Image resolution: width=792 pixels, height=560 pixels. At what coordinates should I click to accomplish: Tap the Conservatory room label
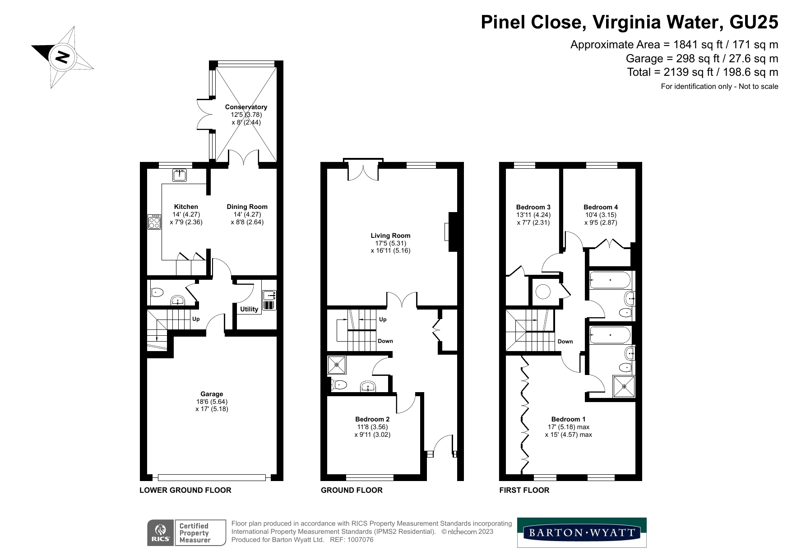pyautogui.click(x=246, y=107)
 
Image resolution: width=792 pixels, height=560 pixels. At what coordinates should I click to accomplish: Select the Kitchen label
pyautogui.click(x=186, y=207)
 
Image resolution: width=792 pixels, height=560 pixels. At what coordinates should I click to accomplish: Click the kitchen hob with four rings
pyautogui.click(x=154, y=222)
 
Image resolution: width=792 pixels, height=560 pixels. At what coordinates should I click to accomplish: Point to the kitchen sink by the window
pyautogui.click(x=179, y=175)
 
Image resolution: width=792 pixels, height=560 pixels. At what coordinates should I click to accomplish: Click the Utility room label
pyautogui.click(x=249, y=309)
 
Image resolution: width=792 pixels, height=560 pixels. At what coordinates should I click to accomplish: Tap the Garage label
pyautogui.click(x=212, y=394)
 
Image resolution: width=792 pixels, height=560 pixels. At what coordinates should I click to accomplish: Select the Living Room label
pyautogui.click(x=390, y=235)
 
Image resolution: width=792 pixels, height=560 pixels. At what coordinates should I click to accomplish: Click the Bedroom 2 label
pyautogui.click(x=372, y=419)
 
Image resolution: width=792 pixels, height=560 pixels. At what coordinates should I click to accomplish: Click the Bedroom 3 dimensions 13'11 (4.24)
pyautogui.click(x=533, y=215)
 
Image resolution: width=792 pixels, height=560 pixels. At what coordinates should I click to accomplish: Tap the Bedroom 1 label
pyautogui.click(x=569, y=419)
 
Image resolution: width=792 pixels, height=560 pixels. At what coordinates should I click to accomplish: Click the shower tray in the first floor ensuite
pyautogui.click(x=624, y=386)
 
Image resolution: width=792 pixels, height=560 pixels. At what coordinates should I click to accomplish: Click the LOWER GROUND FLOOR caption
pyautogui.click(x=185, y=490)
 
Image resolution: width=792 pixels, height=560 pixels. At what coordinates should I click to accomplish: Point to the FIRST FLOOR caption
pyautogui.click(x=524, y=490)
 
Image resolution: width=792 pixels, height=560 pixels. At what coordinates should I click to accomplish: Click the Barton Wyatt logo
pyautogui.click(x=582, y=532)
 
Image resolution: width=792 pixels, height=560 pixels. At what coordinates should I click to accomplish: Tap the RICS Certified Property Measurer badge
pyautogui.click(x=186, y=532)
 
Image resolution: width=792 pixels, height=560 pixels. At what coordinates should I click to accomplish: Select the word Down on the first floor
pyautogui.click(x=565, y=341)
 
